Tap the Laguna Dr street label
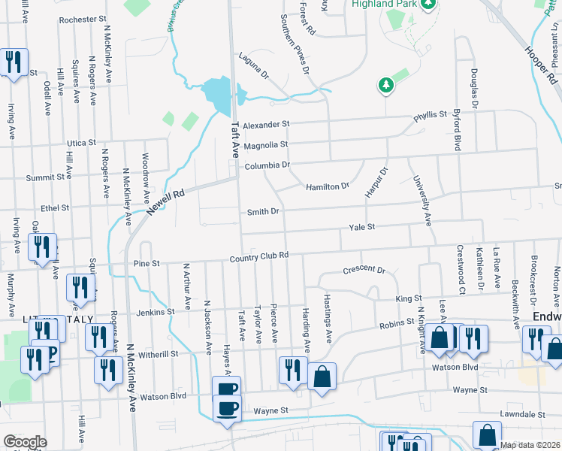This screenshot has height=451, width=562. [x=253, y=65]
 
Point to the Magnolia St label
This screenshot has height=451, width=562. [x=265, y=144]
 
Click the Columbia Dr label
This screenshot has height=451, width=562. [x=266, y=165]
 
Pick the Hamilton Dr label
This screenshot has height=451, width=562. [x=327, y=186]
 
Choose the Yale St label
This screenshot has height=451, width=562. [x=360, y=226]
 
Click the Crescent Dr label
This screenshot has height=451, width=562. [x=364, y=270]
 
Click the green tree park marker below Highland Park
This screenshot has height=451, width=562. [x=386, y=85]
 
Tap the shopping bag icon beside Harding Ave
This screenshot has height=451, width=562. [x=322, y=377]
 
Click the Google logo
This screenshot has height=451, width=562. [x=25, y=442]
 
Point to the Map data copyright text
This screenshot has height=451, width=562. [x=530, y=445]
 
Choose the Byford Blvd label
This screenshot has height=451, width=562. [x=456, y=129]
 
